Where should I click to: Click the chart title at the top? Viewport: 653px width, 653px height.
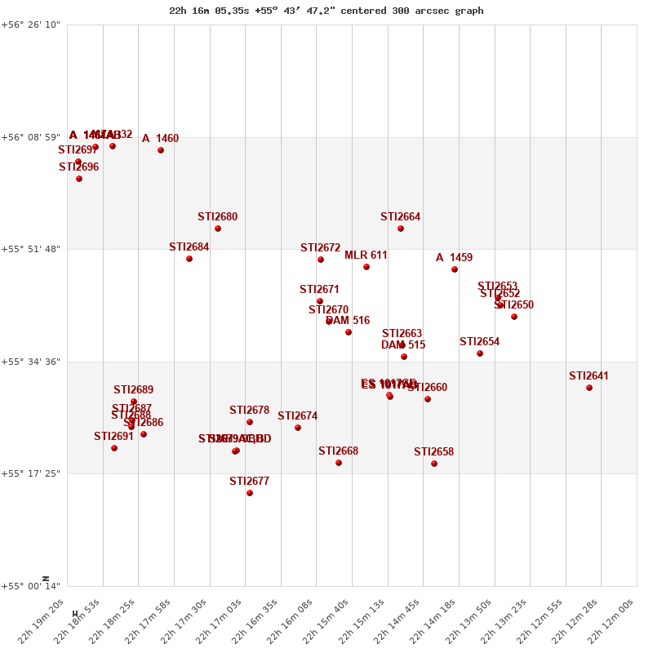click(326, 11)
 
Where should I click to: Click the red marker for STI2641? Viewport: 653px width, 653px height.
click(589, 388)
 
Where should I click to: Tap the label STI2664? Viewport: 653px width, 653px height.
click(401, 217)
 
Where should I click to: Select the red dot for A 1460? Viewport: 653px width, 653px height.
click(161, 150)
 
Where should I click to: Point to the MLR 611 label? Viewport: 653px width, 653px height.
click(366, 255)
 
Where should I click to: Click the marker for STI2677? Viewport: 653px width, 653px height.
click(250, 493)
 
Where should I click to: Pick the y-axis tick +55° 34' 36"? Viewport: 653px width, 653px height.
click(32, 362)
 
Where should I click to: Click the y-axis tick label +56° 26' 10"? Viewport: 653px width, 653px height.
click(32, 25)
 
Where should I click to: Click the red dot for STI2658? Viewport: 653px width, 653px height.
click(434, 464)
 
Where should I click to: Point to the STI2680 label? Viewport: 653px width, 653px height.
click(217, 217)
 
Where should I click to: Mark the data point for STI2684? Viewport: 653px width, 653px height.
click(189, 259)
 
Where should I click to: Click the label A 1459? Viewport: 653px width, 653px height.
click(454, 258)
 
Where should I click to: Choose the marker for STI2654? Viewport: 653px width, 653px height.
click(480, 353)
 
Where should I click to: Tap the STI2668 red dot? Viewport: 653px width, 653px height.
click(339, 463)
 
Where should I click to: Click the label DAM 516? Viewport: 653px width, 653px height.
click(348, 321)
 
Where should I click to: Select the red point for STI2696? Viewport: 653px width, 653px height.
click(79, 179)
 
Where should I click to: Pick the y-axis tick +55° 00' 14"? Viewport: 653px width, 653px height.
click(32, 586)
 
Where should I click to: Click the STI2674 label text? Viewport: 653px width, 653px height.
click(297, 416)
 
